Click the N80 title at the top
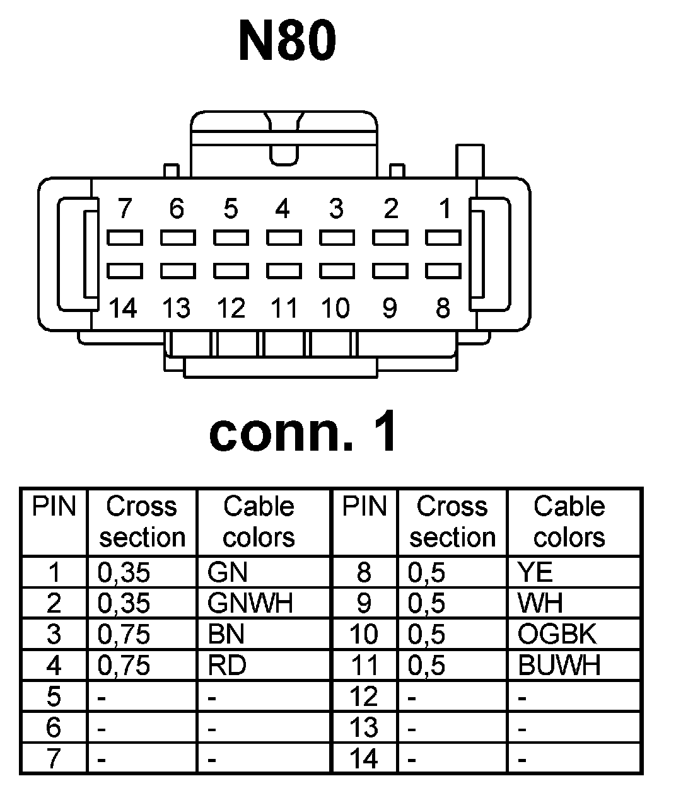[x=287, y=42]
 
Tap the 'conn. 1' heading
[x=303, y=432]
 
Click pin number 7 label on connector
[x=125, y=208]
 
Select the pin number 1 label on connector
[x=445, y=208]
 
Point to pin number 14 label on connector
[x=124, y=309]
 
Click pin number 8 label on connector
[x=443, y=309]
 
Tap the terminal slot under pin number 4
[x=284, y=238]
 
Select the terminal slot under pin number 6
[x=178, y=238]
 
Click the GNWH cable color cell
[x=250, y=603]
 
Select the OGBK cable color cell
[x=557, y=634]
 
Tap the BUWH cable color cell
[x=559, y=665]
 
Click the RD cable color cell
[x=227, y=665]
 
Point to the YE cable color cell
[x=535, y=572]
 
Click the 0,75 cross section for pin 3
[x=124, y=634]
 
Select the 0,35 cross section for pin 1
[x=124, y=572]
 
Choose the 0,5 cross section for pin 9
[x=427, y=603]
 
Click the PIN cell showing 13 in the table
[x=364, y=727]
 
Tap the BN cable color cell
[x=226, y=634]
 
